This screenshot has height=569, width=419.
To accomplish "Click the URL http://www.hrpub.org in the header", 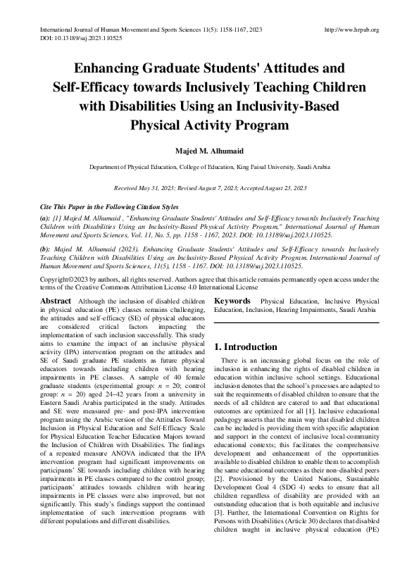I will pyautogui.click(x=351, y=30).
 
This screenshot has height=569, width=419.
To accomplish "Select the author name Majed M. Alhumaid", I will pyautogui.click(x=209, y=150).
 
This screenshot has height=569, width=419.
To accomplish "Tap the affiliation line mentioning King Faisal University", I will pyautogui.click(x=209, y=168).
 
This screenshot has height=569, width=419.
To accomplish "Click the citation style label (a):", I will pyautogui.click(x=46, y=220).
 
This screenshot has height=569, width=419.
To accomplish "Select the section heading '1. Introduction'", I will pyautogui.click(x=246, y=347).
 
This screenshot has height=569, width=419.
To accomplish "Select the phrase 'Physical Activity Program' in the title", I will pyautogui.click(x=209, y=126).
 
